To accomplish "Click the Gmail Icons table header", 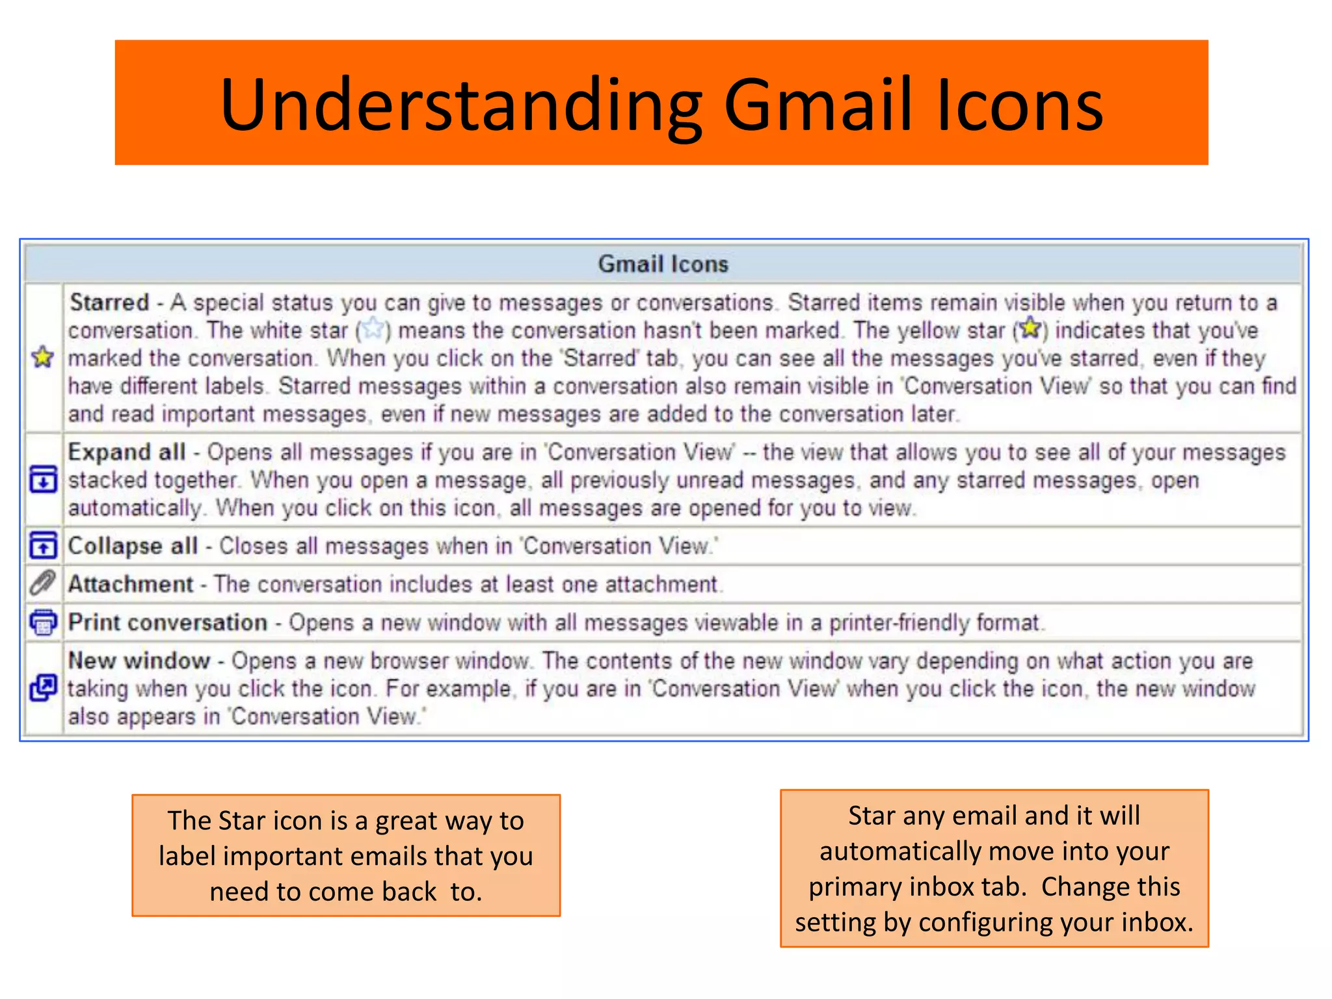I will coord(663,264).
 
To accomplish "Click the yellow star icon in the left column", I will coord(43,357).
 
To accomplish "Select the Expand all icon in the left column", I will coord(43,480).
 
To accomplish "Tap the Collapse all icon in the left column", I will coord(43,546).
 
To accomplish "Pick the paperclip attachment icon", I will coord(43,583).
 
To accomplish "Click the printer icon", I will coord(43,622).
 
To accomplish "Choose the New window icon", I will coord(43,688).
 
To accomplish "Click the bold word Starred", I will coord(109,302).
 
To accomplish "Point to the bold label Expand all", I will coord(127,452).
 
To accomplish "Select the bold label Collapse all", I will coord(133,546).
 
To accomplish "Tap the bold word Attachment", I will coord(131,584).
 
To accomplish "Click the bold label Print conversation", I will coord(168,622).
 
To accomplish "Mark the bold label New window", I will coord(139,661).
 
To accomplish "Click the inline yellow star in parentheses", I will coord(1030,328).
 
